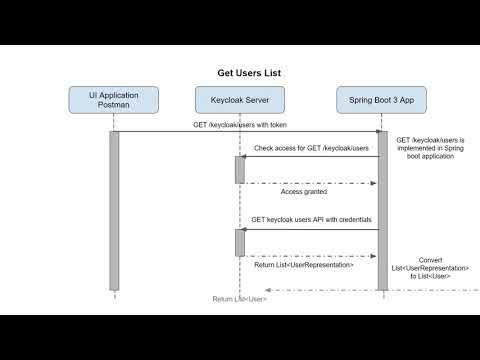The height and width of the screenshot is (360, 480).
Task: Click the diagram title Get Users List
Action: pyautogui.click(x=240, y=73)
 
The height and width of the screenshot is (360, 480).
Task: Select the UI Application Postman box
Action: pyautogui.click(x=113, y=100)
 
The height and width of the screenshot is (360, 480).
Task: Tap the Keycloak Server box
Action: pyautogui.click(x=240, y=100)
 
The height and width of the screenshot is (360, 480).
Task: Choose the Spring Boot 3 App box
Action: pyautogui.click(x=381, y=100)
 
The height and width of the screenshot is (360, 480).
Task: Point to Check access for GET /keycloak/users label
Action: pyautogui.click(x=311, y=148)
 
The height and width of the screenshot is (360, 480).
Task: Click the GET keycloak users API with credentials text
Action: pyautogui.click(x=310, y=219)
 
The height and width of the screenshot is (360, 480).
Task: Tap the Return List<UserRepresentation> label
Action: pyautogui.click(x=304, y=265)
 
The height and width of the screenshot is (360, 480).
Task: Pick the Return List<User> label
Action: pyautogui.click(x=239, y=298)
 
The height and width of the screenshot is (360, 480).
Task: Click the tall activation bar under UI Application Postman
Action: pyautogui.click(x=114, y=210)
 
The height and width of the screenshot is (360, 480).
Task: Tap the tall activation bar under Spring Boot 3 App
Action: pyautogui.click(x=382, y=210)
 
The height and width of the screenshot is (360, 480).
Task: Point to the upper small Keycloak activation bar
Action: pyautogui.click(x=240, y=170)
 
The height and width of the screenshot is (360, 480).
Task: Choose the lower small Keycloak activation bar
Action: pyautogui.click(x=240, y=241)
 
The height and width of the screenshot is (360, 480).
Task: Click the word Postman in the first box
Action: pyautogui.click(x=113, y=106)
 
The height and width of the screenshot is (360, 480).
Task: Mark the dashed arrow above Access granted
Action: pyautogui.click(x=310, y=182)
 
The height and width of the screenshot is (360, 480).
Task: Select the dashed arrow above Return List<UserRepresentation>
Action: pyautogui.click(x=310, y=255)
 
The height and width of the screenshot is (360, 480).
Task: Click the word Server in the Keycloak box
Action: pyautogui.click(x=262, y=100)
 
